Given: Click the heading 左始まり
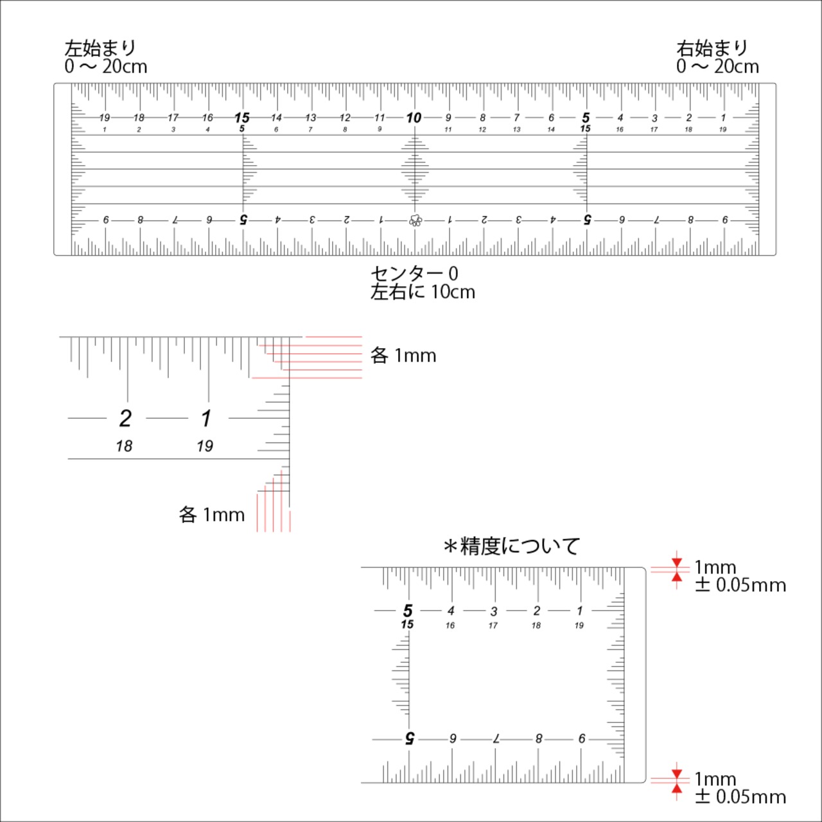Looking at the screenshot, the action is [x=100, y=48].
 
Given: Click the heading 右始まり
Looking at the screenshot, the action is [x=712, y=48].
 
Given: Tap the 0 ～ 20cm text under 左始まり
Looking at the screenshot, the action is [x=106, y=67].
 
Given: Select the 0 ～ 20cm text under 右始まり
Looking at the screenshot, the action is [x=717, y=67].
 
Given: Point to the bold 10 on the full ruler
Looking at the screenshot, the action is [x=414, y=118].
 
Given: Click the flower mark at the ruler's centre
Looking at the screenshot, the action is [x=415, y=220].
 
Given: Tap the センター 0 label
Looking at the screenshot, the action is [x=414, y=274].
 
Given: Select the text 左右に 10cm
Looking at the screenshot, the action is [x=423, y=292].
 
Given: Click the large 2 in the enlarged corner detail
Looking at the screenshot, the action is [x=125, y=419].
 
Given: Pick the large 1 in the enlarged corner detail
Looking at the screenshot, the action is [x=206, y=419].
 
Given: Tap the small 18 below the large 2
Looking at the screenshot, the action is [x=124, y=446].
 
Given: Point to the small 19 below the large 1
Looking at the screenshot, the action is [x=205, y=446].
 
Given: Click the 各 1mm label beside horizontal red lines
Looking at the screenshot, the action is [x=403, y=355].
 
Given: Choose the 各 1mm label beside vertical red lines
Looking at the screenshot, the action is [x=211, y=515].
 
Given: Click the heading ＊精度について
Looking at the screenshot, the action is [x=511, y=547].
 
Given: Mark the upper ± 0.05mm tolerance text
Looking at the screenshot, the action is [x=740, y=585].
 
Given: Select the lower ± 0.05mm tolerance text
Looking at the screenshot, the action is [x=740, y=797].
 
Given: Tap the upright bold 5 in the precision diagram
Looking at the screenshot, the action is [x=408, y=611].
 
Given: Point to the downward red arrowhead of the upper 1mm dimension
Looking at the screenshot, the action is [x=677, y=563].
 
